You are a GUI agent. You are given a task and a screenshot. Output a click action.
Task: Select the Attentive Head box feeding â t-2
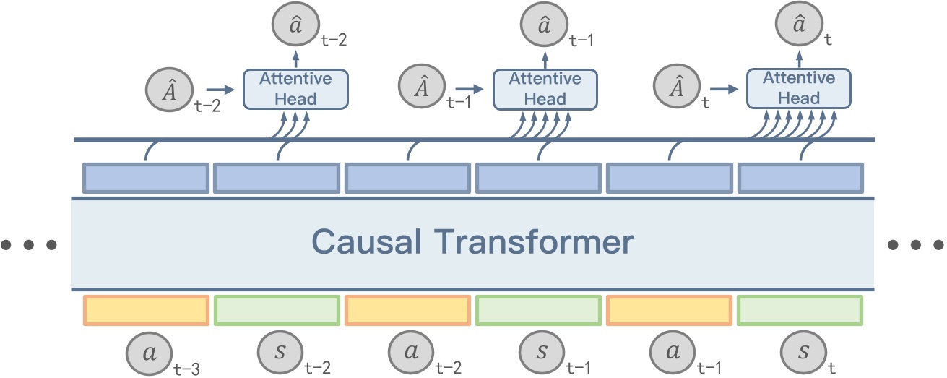coord(295,89)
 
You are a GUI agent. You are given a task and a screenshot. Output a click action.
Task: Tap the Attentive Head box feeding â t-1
coord(545,89)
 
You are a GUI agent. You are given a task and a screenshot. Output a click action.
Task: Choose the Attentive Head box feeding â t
coord(798,89)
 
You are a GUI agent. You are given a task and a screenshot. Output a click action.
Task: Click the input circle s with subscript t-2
coord(277,356)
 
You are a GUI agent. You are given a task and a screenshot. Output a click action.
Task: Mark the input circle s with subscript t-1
coord(540,356)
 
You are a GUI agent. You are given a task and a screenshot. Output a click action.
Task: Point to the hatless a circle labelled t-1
coord(670,356)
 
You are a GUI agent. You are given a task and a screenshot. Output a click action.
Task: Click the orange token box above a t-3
coord(146,310)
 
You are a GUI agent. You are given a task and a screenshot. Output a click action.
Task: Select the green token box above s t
coord(800,310)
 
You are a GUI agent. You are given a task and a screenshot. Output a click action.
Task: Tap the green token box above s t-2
coord(277,310)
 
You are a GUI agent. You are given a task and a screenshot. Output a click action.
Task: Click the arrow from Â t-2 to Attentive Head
coord(220,89)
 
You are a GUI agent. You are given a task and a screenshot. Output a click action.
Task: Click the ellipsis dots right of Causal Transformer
coord(917,245)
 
